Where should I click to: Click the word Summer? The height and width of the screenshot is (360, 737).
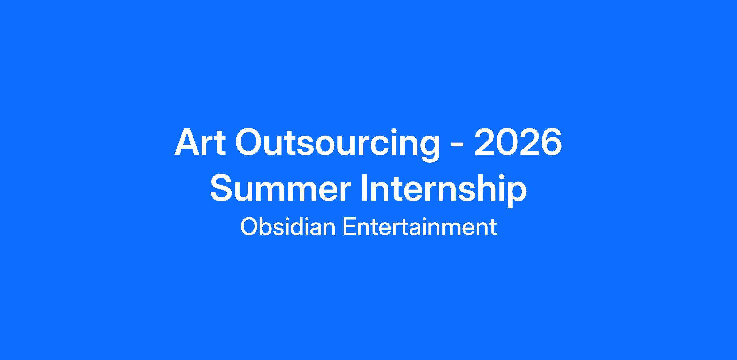click(x=280, y=188)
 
